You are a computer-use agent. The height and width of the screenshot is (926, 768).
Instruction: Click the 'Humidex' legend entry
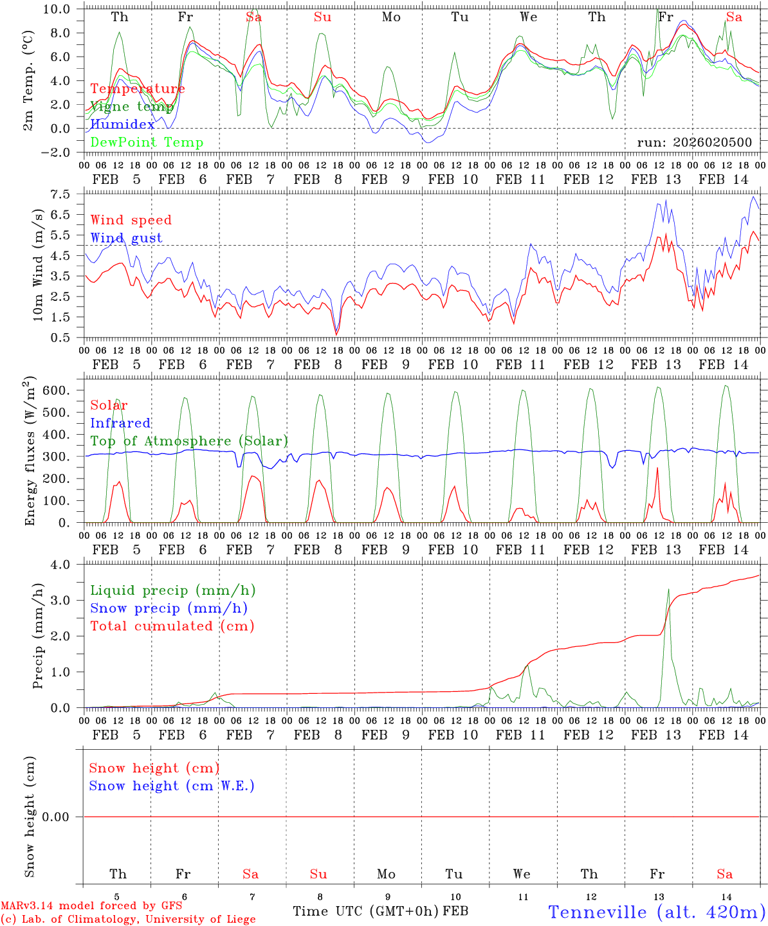(x=123, y=125)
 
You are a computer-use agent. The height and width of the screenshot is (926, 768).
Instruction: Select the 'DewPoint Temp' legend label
(x=147, y=143)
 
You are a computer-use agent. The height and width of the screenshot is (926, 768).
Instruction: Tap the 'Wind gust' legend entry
(x=126, y=238)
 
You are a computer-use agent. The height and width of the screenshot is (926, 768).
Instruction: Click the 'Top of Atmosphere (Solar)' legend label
(x=189, y=441)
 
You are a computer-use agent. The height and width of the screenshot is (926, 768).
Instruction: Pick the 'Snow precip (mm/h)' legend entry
(x=169, y=608)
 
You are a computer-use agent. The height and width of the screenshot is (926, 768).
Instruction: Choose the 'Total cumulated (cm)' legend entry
(x=172, y=626)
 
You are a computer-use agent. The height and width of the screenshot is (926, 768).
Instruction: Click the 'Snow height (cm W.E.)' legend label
(x=172, y=786)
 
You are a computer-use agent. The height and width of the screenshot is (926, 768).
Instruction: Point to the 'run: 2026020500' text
(x=694, y=143)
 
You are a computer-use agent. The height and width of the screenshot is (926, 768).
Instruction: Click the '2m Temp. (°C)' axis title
(x=28, y=80)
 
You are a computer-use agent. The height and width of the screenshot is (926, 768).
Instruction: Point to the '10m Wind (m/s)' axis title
(x=39, y=265)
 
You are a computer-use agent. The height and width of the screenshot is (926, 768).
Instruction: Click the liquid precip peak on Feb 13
(x=668, y=589)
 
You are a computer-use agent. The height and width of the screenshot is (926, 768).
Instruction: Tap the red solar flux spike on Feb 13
(x=657, y=468)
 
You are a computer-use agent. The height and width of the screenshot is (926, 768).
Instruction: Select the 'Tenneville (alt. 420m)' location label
(x=656, y=912)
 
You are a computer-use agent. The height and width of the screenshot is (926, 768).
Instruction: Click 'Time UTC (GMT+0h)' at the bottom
(x=365, y=911)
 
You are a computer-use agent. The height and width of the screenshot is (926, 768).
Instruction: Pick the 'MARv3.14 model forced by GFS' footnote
(x=91, y=905)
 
